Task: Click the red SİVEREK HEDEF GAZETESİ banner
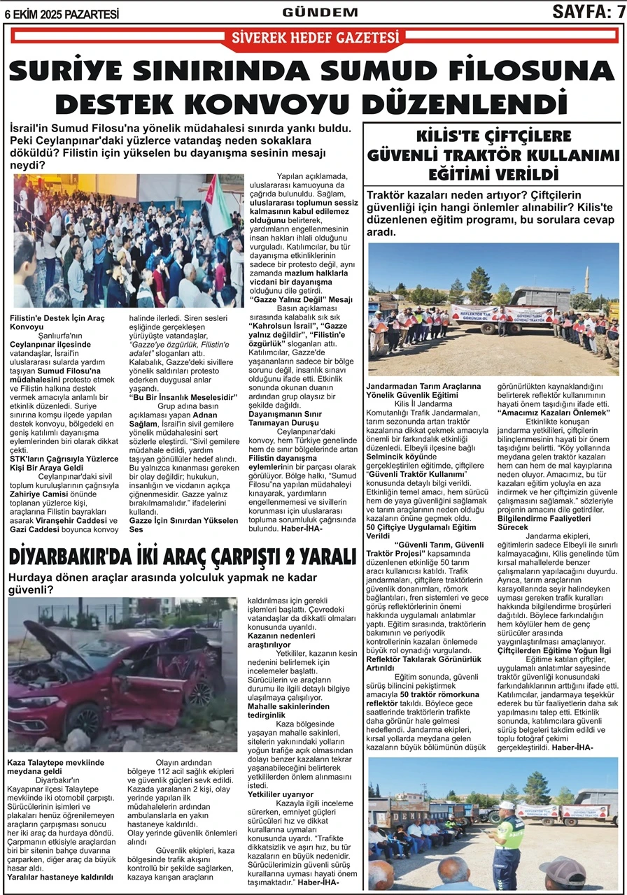tap(315, 38)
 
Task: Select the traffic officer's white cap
tap(506, 806)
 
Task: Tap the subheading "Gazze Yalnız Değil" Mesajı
tap(302, 299)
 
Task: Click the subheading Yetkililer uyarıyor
tap(281, 795)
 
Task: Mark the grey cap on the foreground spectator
tap(564, 866)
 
